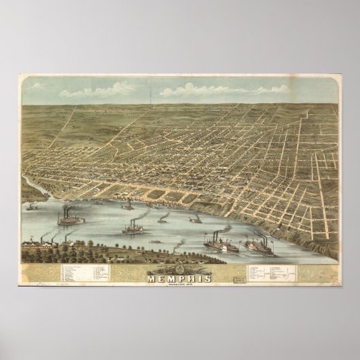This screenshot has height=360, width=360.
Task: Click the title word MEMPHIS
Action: [x=180, y=276]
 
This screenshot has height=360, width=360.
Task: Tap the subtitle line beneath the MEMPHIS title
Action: [x=180, y=283]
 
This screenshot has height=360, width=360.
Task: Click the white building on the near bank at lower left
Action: [x=31, y=242]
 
